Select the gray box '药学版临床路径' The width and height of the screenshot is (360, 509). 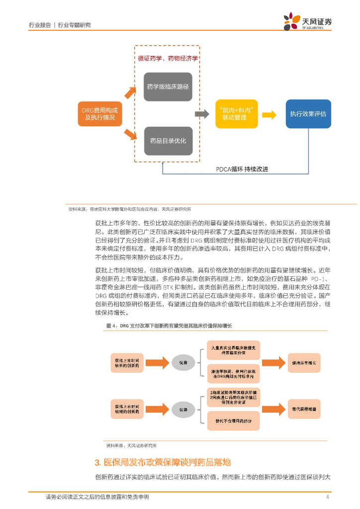168,86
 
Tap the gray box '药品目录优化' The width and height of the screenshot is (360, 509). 168,141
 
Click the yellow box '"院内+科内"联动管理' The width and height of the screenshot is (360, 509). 237,114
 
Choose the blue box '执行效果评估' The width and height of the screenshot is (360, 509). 308,114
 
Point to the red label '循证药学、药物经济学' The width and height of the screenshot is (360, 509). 168,58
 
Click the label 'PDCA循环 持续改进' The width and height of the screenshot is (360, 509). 242,169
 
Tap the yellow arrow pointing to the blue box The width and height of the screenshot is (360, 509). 269,114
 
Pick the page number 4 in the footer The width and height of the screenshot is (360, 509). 327,497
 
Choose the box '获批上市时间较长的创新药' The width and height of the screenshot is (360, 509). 127,363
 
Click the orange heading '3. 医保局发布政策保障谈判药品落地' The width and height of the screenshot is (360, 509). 163,463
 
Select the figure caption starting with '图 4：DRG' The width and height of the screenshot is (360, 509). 169,326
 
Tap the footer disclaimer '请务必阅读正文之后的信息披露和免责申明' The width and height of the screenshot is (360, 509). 97,497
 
